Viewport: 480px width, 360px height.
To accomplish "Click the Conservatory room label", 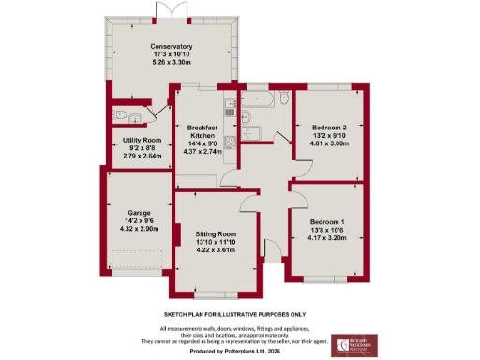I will coord(172,47).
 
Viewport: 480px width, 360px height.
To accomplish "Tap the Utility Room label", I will coord(137,141).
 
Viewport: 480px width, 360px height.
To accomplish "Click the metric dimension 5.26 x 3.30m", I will coord(172,62).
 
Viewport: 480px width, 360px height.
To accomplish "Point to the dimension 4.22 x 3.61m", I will coord(216,249).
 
